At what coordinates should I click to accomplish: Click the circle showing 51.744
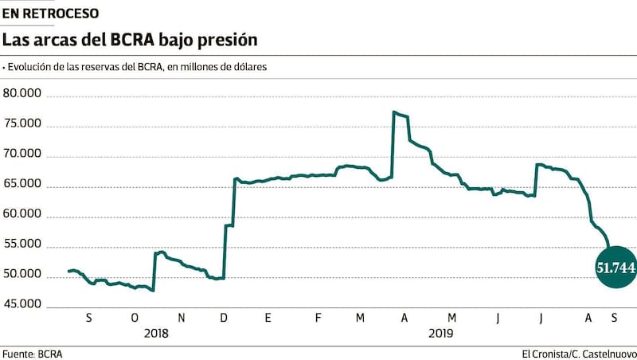[616, 268]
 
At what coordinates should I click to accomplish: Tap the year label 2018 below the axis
[156, 333]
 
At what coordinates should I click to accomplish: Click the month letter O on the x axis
[135, 319]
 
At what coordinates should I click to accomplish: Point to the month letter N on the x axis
[180, 319]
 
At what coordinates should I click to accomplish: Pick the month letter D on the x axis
[224, 319]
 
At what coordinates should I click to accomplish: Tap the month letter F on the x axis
[318, 319]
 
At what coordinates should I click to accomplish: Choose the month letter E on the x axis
[268, 319]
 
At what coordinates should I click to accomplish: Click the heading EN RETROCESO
[50, 14]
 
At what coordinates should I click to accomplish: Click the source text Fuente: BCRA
[32, 353]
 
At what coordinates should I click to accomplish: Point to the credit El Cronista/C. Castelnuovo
[579, 353]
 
